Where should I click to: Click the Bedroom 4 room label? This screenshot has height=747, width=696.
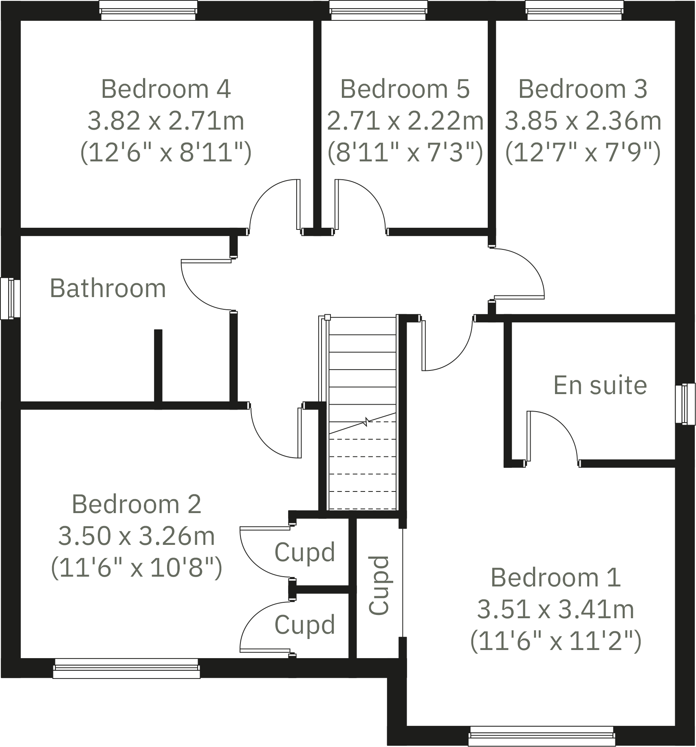[166, 89]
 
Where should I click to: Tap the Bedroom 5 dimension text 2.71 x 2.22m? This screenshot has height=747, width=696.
[405, 121]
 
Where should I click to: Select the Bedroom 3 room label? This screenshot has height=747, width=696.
[583, 89]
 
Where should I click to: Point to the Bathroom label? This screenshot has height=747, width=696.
[108, 289]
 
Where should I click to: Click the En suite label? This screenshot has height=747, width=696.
[600, 385]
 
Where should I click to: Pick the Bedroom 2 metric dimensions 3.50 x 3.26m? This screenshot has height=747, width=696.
[137, 536]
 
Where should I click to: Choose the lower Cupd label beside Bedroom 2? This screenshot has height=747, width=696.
[305, 625]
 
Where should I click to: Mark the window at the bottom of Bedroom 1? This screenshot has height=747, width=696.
[541, 736]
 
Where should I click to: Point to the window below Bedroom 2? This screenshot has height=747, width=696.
[126, 669]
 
